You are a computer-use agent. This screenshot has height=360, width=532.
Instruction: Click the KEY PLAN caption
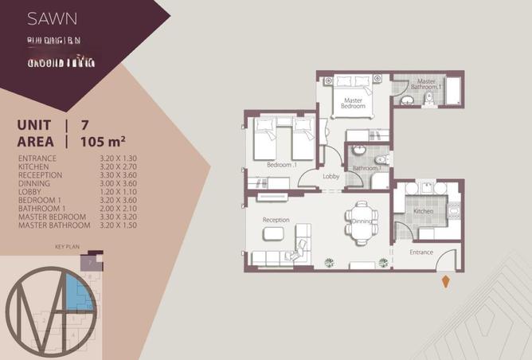(68, 248)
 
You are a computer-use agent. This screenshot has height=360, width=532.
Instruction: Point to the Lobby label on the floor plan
(332, 177)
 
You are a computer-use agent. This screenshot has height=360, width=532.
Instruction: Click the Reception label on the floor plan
(276, 220)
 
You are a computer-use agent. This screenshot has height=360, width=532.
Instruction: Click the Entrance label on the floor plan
(421, 252)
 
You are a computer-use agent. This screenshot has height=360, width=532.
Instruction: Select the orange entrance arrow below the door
(444, 280)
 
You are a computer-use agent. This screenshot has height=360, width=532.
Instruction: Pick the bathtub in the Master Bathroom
(454, 91)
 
